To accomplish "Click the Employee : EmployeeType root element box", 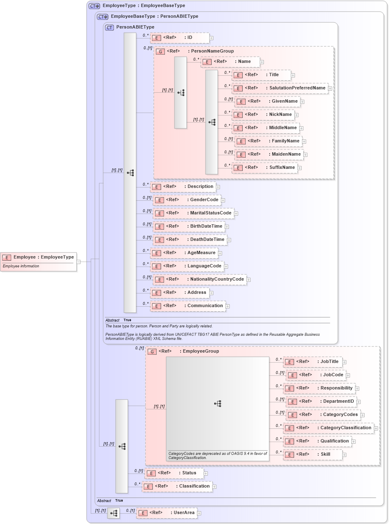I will tap(39, 257).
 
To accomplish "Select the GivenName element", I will tap(268, 101).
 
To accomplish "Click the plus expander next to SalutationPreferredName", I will tap(330, 88).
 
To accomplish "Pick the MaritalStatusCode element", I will tap(193, 213).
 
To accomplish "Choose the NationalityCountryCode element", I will tap(200, 279).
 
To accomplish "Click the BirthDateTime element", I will tap(189, 226).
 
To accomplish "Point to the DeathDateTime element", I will tap(190, 240).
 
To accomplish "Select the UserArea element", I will tap(167, 513).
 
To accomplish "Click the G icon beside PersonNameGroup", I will tap(160, 52).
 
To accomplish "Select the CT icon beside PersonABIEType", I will tap(109, 28).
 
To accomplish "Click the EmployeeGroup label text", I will tap(201, 351).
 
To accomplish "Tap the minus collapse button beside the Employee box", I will tap(78, 262).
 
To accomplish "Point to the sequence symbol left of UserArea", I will tap(114, 513).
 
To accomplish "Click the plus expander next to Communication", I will tap(227, 306).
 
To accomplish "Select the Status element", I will tap(174, 473).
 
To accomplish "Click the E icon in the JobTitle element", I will tap(290, 362).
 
